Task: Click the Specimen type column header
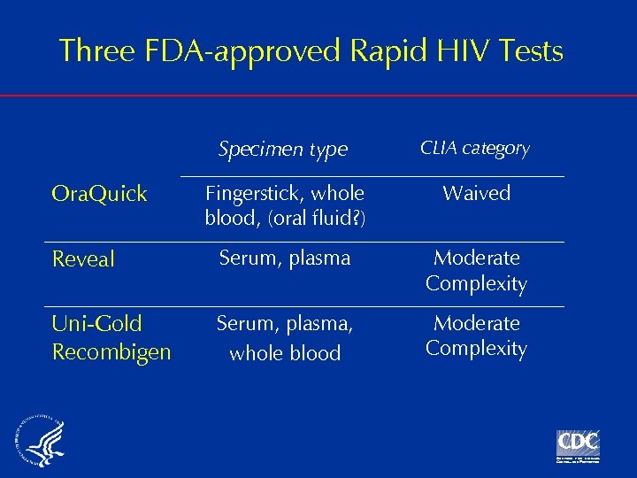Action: point(283,150)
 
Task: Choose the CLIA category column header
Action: point(475,148)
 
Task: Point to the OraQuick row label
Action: point(99,194)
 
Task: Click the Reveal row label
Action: point(83,259)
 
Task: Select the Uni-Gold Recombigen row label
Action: point(111,337)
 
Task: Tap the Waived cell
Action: point(476,193)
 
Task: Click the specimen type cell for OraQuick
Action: point(284,205)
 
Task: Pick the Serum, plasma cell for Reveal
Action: point(285,258)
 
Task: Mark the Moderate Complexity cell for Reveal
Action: point(476,271)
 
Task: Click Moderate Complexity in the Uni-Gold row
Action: point(476,335)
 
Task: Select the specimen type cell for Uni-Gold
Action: point(285,338)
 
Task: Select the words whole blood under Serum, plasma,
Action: point(285,353)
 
